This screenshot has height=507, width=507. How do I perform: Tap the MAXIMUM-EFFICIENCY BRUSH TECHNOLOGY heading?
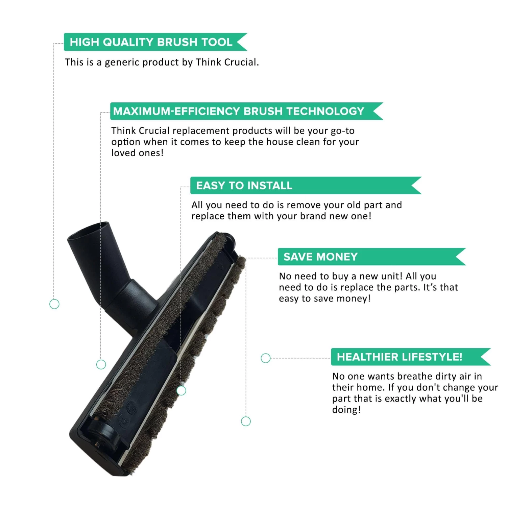[239, 111]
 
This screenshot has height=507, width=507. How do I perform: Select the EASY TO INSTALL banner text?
[244, 186]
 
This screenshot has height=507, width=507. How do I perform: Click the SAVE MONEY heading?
[320, 257]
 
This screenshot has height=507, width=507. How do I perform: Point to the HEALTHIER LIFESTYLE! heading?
[400, 357]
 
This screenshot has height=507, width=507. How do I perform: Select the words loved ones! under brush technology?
[137, 153]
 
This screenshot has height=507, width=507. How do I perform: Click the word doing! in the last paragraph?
[346, 410]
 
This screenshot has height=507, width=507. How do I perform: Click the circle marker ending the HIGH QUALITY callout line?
[54, 304]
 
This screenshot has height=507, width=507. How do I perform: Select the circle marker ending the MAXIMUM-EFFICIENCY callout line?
[101, 364]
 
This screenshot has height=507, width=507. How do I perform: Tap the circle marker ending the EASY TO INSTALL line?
[182, 391]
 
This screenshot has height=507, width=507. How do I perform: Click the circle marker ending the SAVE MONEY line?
[246, 421]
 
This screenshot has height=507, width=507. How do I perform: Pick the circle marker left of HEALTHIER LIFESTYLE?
[266, 358]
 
